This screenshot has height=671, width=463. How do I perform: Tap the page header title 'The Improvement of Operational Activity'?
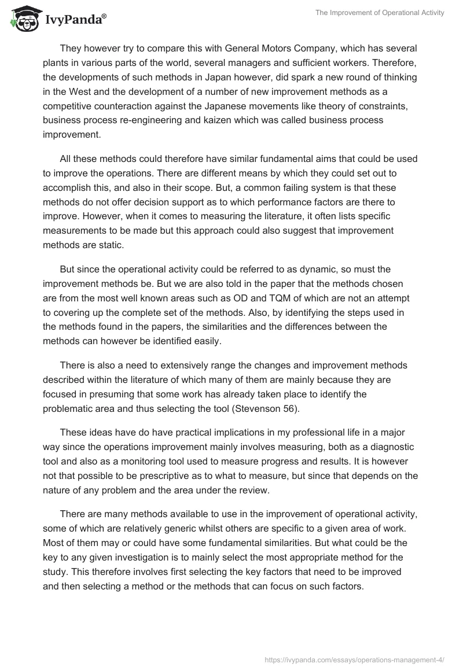(x=380, y=13)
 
